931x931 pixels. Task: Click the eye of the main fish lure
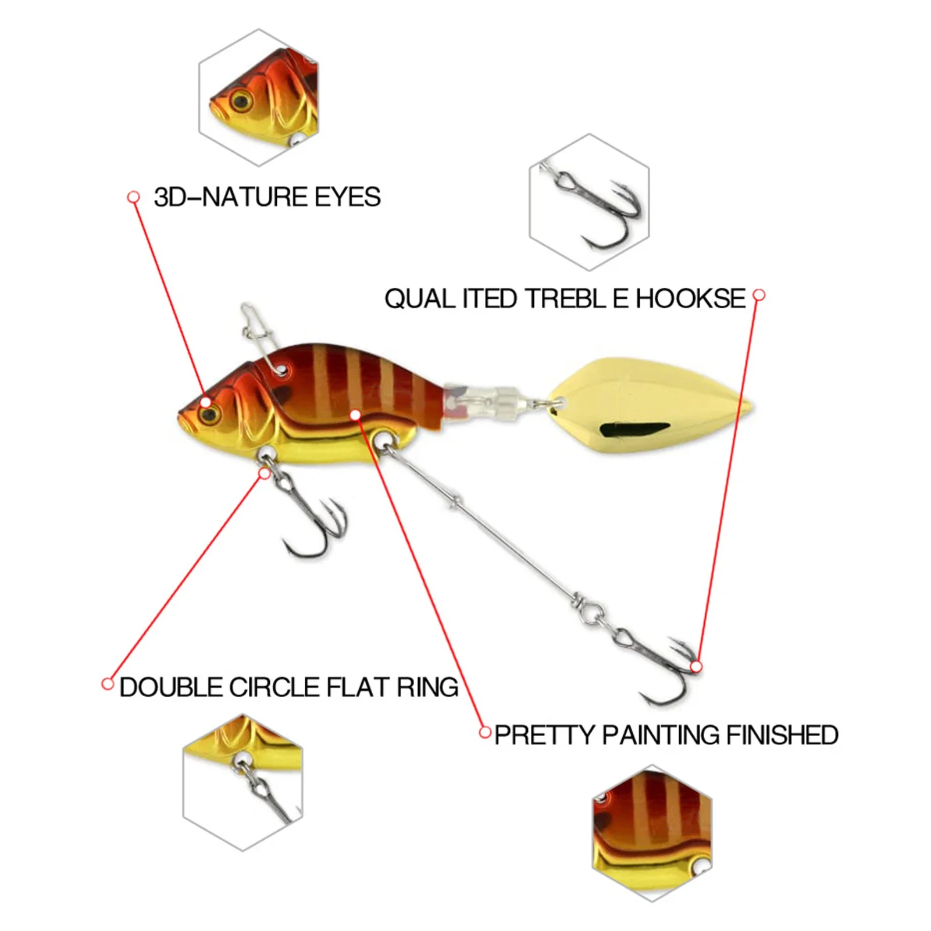(209, 414)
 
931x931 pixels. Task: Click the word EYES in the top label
(348, 197)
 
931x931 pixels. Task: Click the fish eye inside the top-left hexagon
(240, 101)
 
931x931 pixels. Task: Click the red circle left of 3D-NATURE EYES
(134, 197)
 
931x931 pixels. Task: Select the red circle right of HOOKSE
(759, 295)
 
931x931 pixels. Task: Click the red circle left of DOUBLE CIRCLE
(108, 684)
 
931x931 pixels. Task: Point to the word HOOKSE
(690, 299)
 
